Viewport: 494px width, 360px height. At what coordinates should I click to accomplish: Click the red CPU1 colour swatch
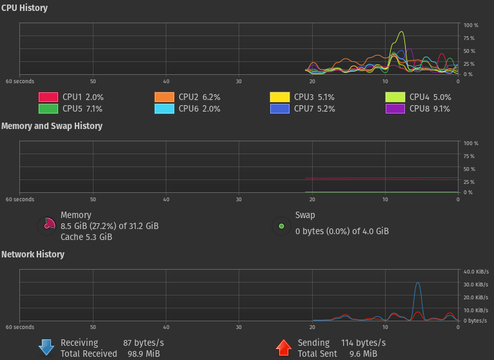click(x=48, y=97)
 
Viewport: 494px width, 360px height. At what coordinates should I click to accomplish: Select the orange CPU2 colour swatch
click(x=164, y=97)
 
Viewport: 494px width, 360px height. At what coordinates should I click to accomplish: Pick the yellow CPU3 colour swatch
click(x=279, y=97)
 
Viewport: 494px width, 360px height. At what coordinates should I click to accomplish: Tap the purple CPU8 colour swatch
click(x=395, y=108)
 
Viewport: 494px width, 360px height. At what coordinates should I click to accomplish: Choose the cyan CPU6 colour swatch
click(x=164, y=108)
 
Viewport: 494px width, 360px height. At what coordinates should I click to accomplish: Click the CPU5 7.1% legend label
click(x=83, y=108)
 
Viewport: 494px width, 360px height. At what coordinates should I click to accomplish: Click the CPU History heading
click(x=24, y=8)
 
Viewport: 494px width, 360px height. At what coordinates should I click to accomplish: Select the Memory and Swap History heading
click(x=52, y=126)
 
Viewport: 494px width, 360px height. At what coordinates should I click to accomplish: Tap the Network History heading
click(x=33, y=254)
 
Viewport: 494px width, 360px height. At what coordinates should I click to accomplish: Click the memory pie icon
click(x=48, y=225)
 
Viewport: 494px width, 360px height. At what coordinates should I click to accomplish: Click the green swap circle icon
click(x=281, y=226)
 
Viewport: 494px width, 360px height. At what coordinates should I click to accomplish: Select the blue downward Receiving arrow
click(x=46, y=348)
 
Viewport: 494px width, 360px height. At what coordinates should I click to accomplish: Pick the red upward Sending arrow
click(x=284, y=348)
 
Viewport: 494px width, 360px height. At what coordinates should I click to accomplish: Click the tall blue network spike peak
click(x=418, y=283)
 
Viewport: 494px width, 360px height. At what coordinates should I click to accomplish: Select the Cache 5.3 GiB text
click(x=86, y=237)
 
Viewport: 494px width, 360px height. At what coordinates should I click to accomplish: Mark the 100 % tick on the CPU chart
click(x=471, y=25)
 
